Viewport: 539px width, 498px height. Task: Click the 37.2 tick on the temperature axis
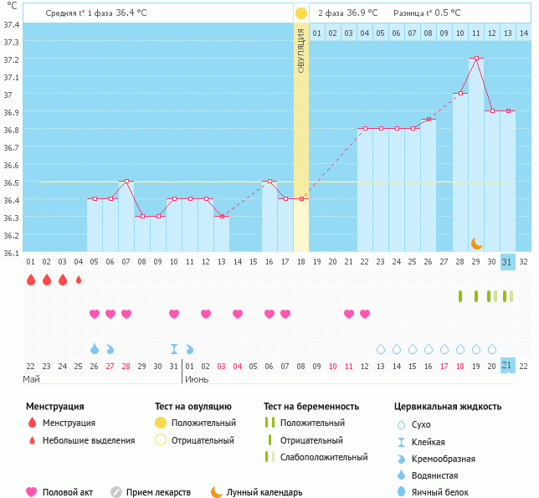(12, 60)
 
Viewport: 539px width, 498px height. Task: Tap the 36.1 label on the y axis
(12, 253)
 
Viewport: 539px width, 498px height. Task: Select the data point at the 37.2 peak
(476, 59)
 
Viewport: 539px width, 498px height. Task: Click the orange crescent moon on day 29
(476, 243)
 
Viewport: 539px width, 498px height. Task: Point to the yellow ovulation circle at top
(301, 13)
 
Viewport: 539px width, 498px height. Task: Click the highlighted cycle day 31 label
(507, 261)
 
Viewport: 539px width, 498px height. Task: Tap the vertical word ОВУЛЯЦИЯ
(301, 50)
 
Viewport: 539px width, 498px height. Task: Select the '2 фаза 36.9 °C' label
(347, 13)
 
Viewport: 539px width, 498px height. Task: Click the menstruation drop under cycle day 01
(31, 280)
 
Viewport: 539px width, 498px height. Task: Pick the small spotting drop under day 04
(79, 280)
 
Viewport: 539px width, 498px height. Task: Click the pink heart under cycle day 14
(238, 314)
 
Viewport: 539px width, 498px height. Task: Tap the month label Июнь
(197, 379)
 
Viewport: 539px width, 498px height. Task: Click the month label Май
(32, 379)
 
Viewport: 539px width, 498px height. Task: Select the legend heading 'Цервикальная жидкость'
(447, 406)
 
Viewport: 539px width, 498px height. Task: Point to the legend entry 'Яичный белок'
(444, 492)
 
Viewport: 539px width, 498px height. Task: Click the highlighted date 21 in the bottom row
(507, 365)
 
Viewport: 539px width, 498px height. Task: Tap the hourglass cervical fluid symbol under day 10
(174, 348)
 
